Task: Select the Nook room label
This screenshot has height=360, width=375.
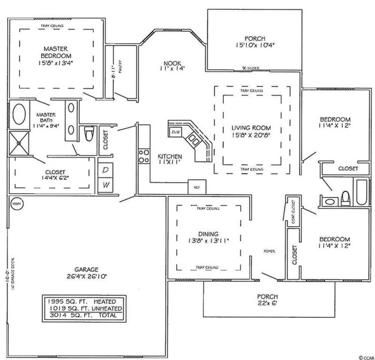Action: coord(173,62)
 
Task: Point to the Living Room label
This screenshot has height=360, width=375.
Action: coord(251,127)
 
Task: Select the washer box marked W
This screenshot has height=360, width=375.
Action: coord(106,185)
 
